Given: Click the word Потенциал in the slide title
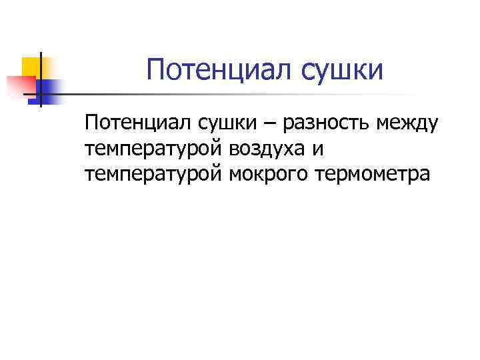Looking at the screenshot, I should tap(211, 70).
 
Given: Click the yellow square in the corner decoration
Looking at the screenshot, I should tap(33, 67).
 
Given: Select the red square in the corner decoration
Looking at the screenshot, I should tap(20, 85).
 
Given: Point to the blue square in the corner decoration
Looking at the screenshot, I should tap(49, 89).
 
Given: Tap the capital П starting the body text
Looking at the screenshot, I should tap(91, 123).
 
